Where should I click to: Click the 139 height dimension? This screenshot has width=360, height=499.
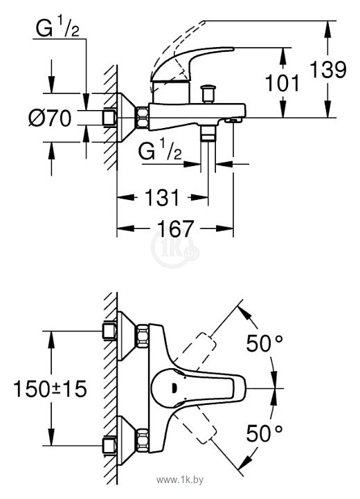328,69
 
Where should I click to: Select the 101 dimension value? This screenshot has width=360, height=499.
282,83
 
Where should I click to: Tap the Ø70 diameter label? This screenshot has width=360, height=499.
50,118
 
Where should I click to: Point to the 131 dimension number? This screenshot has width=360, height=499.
162,197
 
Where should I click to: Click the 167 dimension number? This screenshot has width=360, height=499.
175,228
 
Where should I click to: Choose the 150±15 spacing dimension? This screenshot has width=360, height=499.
51,388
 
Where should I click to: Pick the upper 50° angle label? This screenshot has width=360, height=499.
264,343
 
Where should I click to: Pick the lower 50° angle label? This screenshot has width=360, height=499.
264,433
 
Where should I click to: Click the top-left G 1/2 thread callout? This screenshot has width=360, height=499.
57,28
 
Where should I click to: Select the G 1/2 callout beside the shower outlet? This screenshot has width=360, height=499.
160,150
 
